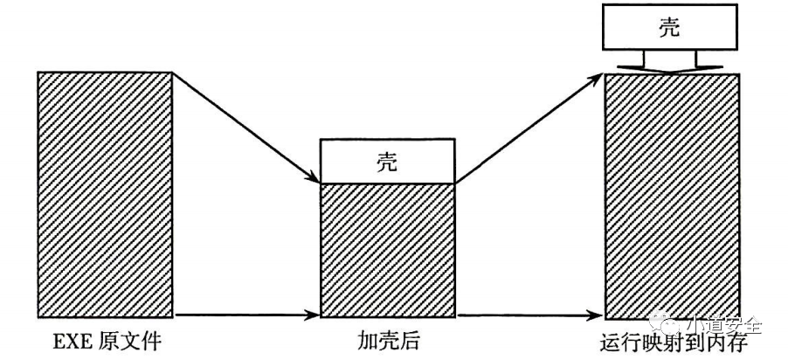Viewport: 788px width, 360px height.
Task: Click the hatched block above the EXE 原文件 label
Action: click(x=105, y=197)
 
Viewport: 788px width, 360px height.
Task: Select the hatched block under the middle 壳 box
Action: click(x=388, y=251)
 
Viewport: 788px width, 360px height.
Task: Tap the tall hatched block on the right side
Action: click(x=673, y=197)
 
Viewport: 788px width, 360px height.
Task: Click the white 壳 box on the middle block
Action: click(x=388, y=162)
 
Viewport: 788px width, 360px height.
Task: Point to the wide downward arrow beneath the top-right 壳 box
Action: click(x=669, y=62)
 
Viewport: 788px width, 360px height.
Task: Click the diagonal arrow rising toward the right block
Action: click(x=529, y=128)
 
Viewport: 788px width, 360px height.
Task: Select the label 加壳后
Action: click(x=388, y=340)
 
